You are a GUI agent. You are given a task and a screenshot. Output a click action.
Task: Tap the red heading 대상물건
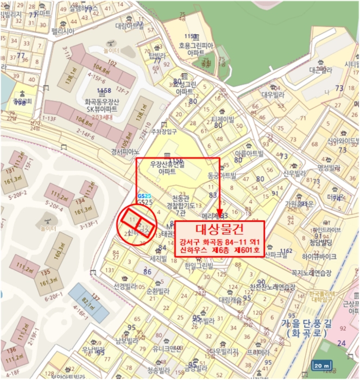click(x=220, y=229)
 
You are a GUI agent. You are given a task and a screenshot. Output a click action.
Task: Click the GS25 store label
click(x=144, y=202)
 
